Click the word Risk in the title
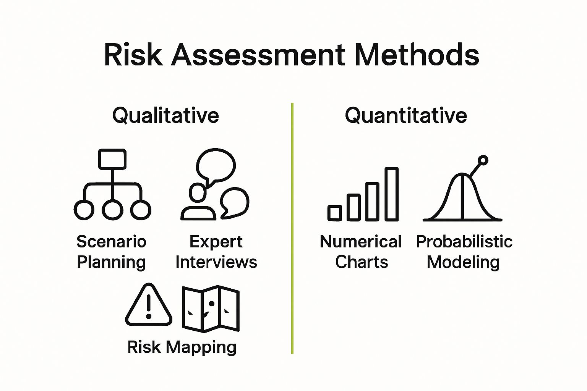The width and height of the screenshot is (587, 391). [133, 55]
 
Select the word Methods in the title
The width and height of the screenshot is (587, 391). [417, 55]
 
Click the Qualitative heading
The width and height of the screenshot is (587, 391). [165, 115]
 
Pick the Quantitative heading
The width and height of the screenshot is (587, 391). [406, 115]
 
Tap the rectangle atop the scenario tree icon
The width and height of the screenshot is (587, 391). [112, 159]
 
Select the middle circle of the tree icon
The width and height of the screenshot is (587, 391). [112, 210]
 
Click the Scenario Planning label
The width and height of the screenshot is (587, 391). [111, 252]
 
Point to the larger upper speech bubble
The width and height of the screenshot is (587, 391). [216, 165]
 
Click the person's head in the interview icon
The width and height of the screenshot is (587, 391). [197, 192]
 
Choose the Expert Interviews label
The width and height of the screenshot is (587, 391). [216, 252]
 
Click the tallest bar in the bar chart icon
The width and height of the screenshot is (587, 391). [391, 194]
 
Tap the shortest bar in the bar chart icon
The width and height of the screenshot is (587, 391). [334, 213]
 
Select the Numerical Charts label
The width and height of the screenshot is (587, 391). [361, 252]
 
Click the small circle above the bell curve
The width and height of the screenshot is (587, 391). [483, 160]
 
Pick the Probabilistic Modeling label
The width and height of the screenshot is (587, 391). [464, 252]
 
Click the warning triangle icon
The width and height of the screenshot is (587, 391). [149, 305]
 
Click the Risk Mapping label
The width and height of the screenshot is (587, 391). [182, 347]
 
